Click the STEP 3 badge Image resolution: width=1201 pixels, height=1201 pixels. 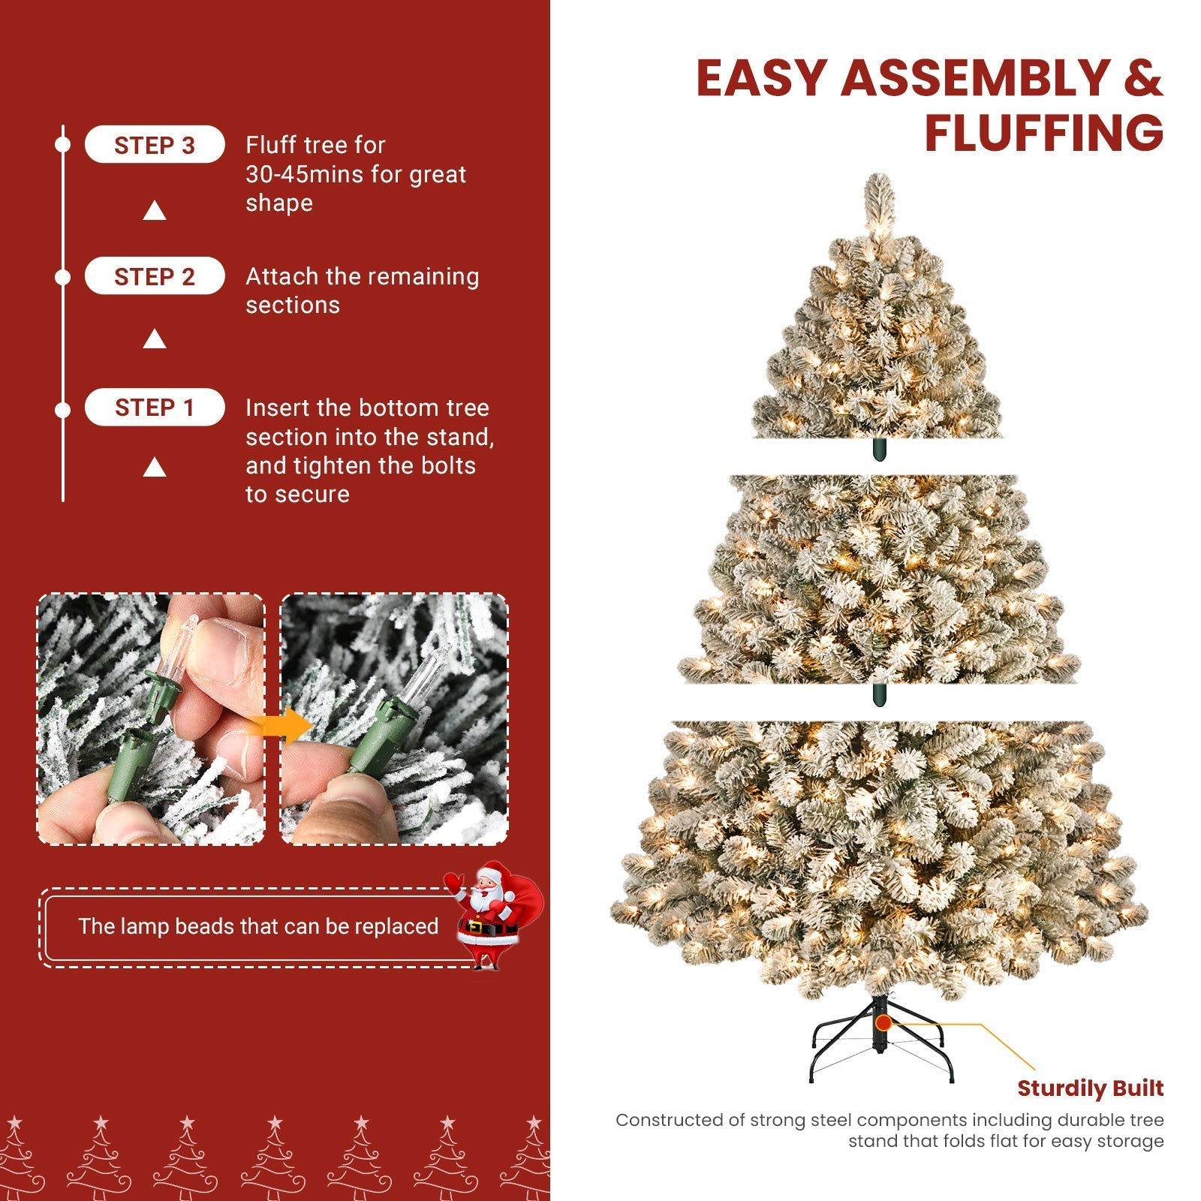[155, 145]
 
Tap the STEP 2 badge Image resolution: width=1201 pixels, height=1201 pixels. [155, 276]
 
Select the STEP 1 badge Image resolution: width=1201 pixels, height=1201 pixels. [155, 408]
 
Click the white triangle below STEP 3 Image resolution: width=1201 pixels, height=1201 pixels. [155, 212]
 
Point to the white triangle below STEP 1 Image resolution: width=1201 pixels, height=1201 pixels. [155, 468]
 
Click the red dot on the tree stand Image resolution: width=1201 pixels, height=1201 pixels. [883, 1022]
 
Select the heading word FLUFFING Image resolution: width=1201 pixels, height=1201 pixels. [1043, 134]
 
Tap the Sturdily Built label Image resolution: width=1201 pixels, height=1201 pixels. [1090, 1088]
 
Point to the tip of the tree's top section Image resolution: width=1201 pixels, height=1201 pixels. [879, 180]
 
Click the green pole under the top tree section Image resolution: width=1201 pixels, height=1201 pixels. [879, 450]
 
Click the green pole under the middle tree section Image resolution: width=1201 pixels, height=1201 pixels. [879, 694]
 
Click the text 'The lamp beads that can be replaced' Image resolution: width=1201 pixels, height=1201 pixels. [258, 926]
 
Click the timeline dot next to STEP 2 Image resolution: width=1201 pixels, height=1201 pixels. [63, 278]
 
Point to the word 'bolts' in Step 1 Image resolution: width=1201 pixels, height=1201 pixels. [448, 466]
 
